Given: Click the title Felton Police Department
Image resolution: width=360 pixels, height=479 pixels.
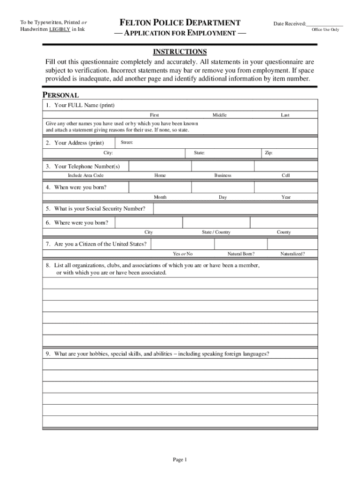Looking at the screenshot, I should click(x=180, y=22).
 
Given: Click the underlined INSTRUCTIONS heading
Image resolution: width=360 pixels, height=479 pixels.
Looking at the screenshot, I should click(x=180, y=51).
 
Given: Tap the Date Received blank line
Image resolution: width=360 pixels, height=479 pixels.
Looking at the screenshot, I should click(x=325, y=24).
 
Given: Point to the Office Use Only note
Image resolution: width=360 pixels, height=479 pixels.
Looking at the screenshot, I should click(x=325, y=30).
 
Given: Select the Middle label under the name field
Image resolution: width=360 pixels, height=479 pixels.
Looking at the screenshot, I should click(x=220, y=115).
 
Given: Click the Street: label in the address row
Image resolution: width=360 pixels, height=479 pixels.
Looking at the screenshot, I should click(x=127, y=142).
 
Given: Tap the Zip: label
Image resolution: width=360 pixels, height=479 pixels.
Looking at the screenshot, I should click(x=269, y=153).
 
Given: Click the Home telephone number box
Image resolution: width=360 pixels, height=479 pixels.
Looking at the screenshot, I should click(x=159, y=166).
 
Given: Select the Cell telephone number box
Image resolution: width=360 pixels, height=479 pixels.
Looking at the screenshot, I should click(x=286, y=166).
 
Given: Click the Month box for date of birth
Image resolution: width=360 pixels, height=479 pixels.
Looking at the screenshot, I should click(x=159, y=188).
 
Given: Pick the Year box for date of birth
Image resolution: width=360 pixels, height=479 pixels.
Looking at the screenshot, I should click(x=286, y=188).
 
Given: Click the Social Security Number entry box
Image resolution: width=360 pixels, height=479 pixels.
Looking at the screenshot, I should click(x=235, y=209).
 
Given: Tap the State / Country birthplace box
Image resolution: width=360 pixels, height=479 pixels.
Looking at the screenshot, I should click(x=216, y=223).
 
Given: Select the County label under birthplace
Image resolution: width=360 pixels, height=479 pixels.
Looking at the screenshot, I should click(x=284, y=232).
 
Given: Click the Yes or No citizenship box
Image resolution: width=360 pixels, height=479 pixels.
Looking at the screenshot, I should click(x=182, y=244).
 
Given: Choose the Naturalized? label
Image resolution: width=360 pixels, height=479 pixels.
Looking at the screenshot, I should click(x=293, y=254).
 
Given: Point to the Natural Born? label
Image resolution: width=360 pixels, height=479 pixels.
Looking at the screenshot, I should click(x=241, y=254).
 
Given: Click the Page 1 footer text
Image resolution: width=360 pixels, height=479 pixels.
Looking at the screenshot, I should click(x=180, y=460).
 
